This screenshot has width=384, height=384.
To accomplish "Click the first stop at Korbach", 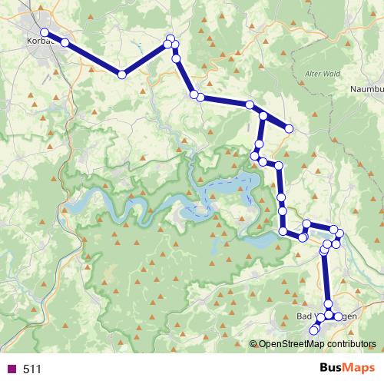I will [x=45, y=32].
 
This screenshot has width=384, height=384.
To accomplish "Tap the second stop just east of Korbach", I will [x=65, y=42].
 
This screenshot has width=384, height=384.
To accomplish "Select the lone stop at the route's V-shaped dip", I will [x=121, y=74].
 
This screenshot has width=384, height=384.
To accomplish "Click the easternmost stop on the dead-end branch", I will [x=290, y=128].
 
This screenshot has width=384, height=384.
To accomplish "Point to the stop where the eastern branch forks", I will [x=263, y=116].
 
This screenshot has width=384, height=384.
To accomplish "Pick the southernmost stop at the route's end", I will [x=313, y=331].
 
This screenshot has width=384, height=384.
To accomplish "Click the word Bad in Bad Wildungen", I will [x=303, y=316].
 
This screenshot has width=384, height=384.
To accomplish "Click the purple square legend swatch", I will [x=11, y=369].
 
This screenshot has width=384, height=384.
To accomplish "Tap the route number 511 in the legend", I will [x=32, y=369].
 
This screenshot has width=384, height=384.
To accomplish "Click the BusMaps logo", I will [x=343, y=369].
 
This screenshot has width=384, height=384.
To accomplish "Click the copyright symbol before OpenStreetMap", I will [x=253, y=344].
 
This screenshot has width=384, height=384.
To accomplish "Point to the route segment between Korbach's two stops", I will [x=55, y=38].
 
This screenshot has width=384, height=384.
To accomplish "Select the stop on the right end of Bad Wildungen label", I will [x=339, y=316].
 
